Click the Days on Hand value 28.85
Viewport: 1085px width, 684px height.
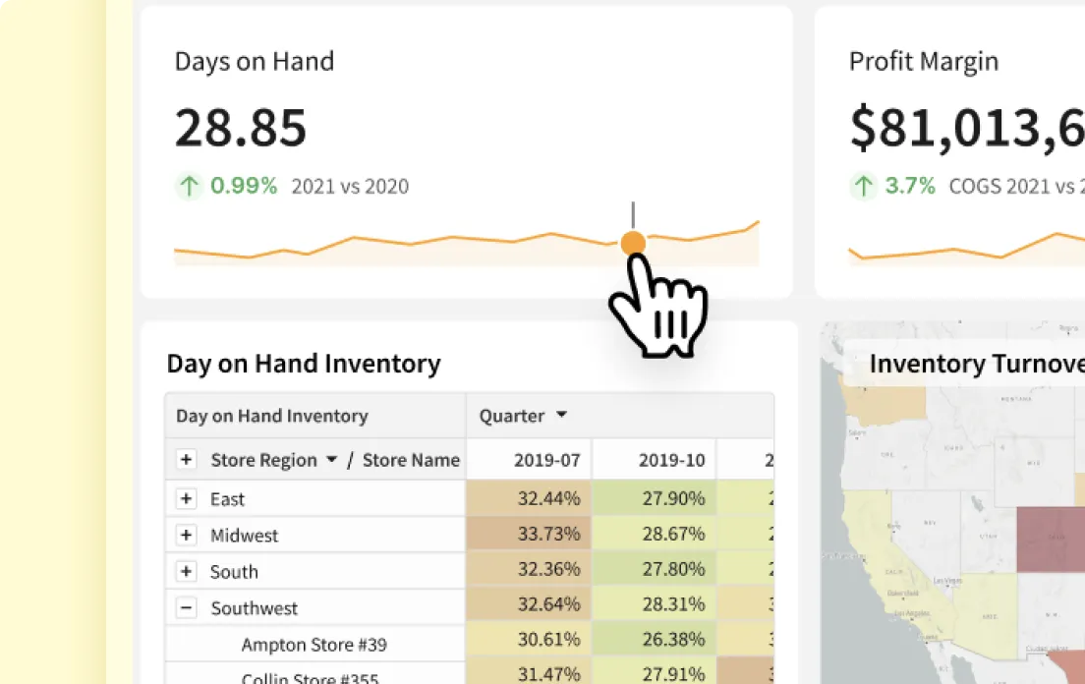(241, 128)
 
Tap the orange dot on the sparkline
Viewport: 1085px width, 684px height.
(633, 243)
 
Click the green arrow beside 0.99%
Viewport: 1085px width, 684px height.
(189, 186)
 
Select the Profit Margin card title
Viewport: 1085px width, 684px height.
(923, 61)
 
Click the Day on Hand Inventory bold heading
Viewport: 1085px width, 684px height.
(304, 364)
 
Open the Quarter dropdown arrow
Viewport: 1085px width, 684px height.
(562, 416)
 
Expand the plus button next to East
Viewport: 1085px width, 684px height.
(186, 499)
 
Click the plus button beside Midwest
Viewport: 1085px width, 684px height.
(186, 536)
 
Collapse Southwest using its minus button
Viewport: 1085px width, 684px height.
(186, 608)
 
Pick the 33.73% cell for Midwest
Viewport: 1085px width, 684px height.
(548, 536)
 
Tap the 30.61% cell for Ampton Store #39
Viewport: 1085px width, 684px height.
(548, 645)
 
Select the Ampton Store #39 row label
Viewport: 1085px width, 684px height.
(314, 645)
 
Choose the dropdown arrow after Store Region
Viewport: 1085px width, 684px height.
(332, 460)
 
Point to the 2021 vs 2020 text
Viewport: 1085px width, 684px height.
(350, 186)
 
